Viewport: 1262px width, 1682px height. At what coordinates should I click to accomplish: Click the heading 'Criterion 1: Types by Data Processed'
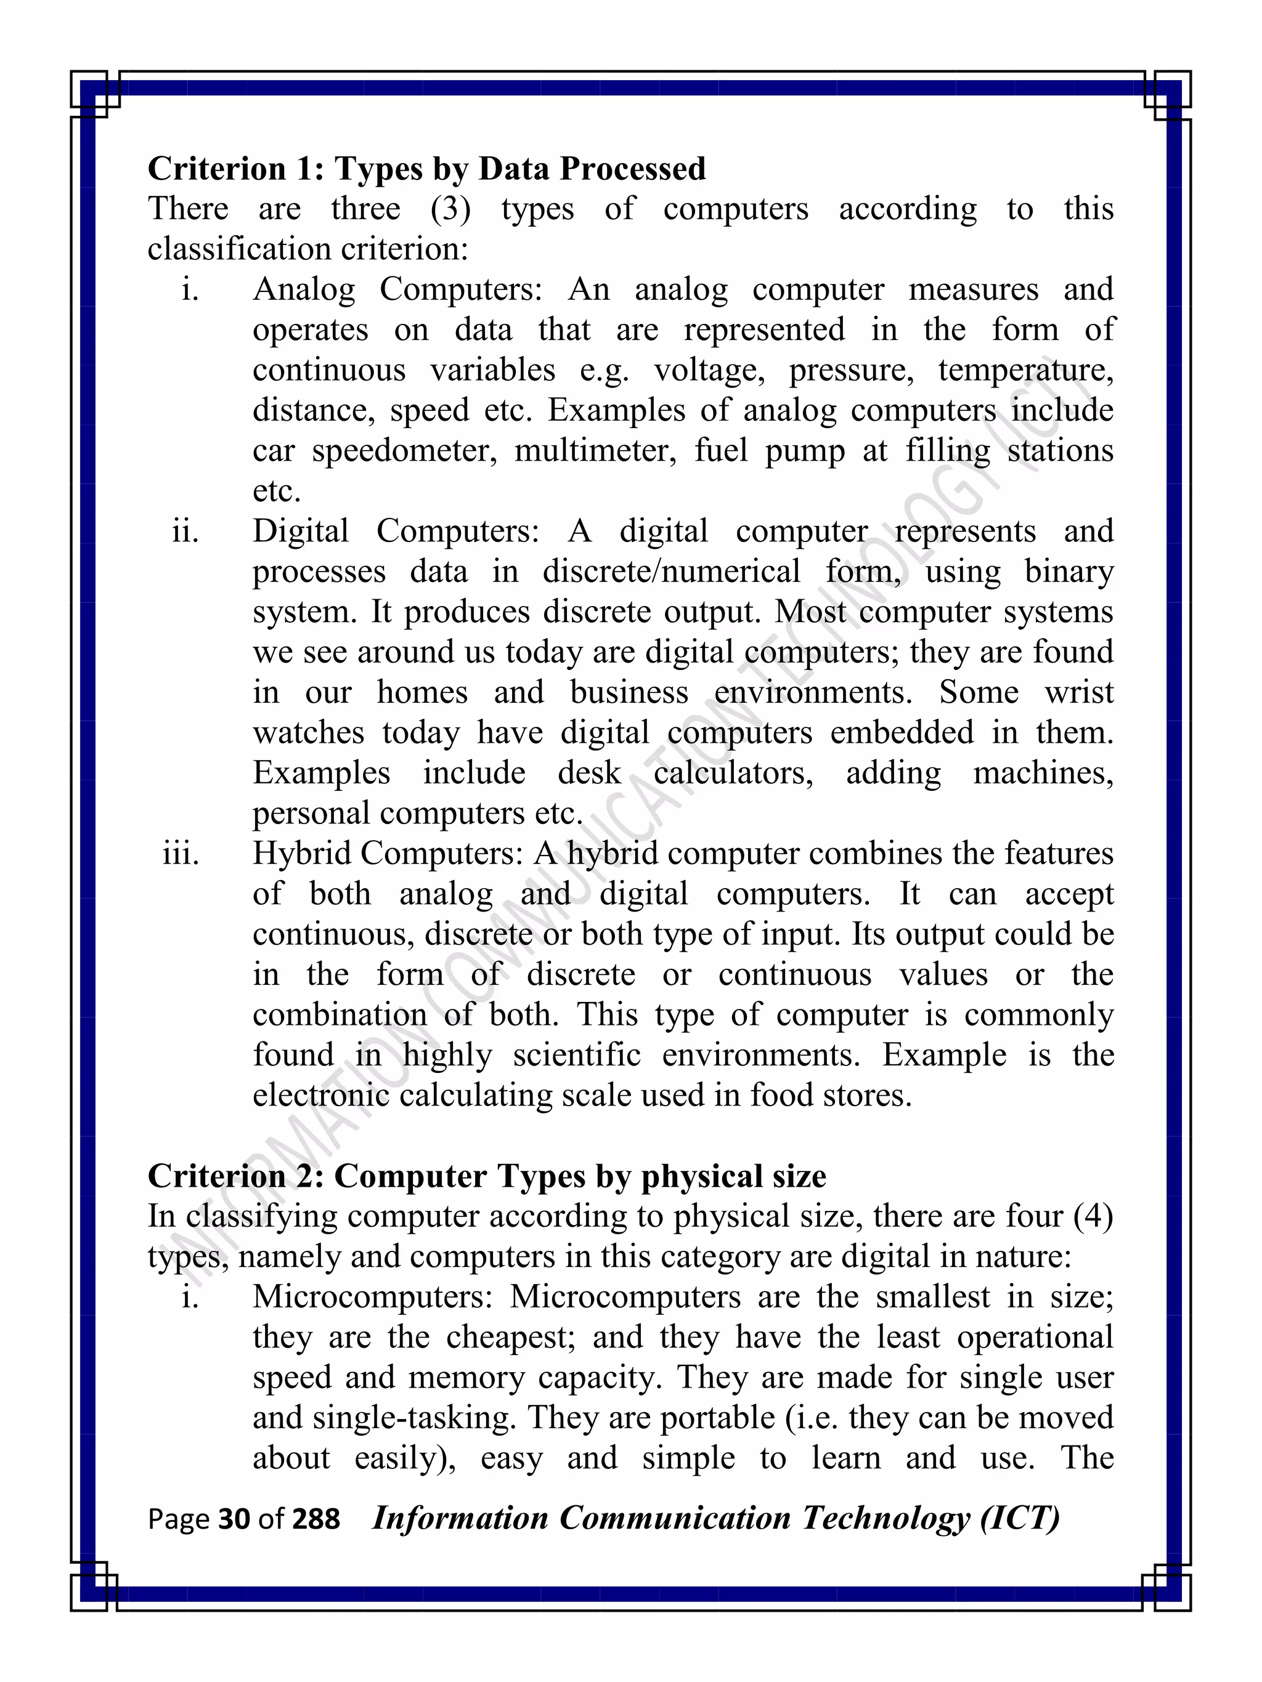(426, 169)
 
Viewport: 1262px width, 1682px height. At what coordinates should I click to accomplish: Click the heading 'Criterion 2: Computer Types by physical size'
(487, 1176)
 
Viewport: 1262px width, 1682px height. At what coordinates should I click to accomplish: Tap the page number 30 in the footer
(234, 1519)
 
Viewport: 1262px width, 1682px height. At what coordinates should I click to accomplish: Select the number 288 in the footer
(315, 1519)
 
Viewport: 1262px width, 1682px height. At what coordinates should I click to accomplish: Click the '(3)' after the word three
(450, 209)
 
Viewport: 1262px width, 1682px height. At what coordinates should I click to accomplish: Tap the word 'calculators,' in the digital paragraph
(733, 774)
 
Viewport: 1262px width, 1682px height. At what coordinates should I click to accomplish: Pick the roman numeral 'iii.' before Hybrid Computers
(181, 854)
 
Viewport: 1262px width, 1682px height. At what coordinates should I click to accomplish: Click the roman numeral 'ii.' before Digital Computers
(185, 532)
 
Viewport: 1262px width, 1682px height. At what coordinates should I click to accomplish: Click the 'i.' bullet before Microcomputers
(190, 1297)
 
